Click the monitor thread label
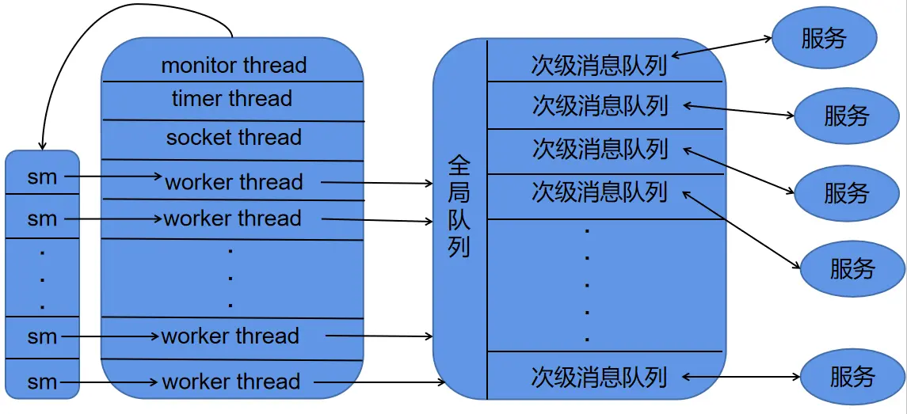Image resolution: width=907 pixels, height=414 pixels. coord(234,65)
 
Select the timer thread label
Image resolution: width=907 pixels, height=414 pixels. coord(232,99)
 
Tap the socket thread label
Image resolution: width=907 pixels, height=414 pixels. coord(234,137)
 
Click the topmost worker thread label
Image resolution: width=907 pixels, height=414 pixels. coord(234,182)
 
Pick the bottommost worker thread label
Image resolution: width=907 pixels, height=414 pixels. coord(231,382)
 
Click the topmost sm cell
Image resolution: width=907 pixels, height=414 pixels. coord(43,177)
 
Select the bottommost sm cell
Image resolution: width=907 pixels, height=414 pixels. coord(43,383)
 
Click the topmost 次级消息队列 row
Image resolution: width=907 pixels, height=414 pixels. coord(600,65)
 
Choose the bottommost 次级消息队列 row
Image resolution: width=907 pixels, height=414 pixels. coord(600,377)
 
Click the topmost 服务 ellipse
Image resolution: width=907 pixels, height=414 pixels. coord(824,38)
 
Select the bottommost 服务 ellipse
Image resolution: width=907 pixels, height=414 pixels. coord(852,376)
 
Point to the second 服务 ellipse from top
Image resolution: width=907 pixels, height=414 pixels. coord(846,116)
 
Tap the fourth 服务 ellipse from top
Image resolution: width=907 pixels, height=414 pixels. coord(852,268)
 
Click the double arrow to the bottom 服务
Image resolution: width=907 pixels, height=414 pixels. coord(741,377)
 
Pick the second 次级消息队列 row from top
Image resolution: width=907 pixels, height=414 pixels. coord(600,106)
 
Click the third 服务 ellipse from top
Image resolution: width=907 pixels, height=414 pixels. coord(846,192)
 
